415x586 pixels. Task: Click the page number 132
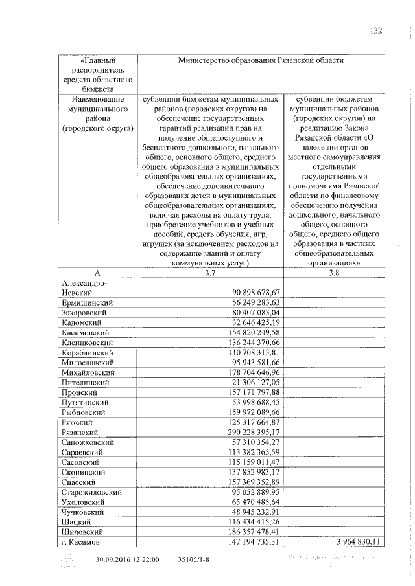(x=375, y=30)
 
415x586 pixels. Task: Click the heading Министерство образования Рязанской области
(x=261, y=60)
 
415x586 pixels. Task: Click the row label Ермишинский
(x=88, y=302)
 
